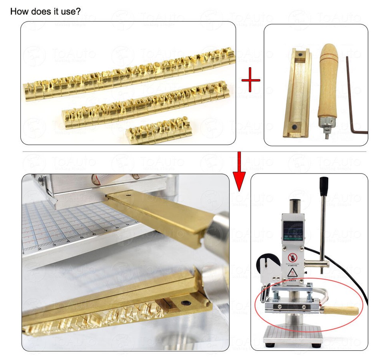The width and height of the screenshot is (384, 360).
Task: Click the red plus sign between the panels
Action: pyautogui.click(x=251, y=80)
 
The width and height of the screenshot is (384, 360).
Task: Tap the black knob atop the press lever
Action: pyautogui.click(x=324, y=186)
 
